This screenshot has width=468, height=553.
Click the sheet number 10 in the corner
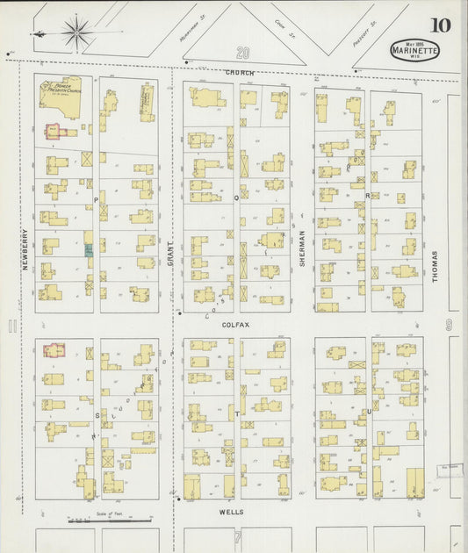(x=439, y=24)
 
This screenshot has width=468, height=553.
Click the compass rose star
(x=77, y=32)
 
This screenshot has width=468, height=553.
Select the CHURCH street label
(x=239, y=72)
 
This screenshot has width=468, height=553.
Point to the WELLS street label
(x=232, y=511)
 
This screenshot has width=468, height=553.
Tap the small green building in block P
(x=88, y=250)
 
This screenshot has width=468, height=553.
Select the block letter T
(x=236, y=411)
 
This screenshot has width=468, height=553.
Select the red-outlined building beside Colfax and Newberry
(x=54, y=351)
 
